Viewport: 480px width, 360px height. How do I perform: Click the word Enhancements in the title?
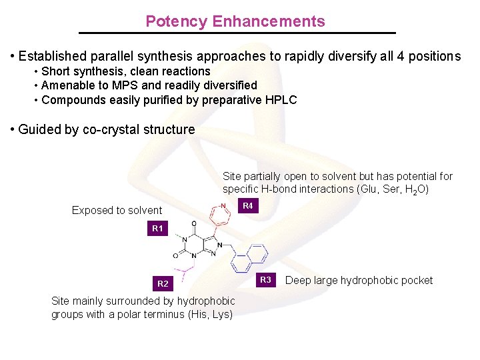click(x=269, y=21)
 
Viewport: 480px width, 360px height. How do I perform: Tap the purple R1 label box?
click(x=157, y=229)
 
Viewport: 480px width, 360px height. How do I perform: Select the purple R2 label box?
click(x=163, y=284)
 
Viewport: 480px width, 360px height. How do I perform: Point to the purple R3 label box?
click(x=265, y=280)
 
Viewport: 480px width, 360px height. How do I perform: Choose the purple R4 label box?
click(x=248, y=206)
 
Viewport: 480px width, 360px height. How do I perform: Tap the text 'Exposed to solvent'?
click(x=117, y=211)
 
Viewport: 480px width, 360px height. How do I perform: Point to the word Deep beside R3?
click(x=298, y=281)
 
